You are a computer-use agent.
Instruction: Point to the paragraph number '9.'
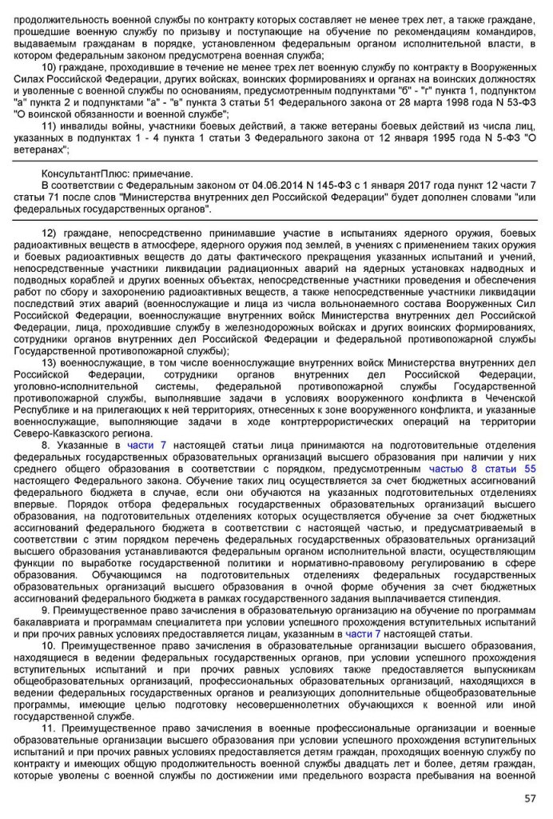(46, 609)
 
